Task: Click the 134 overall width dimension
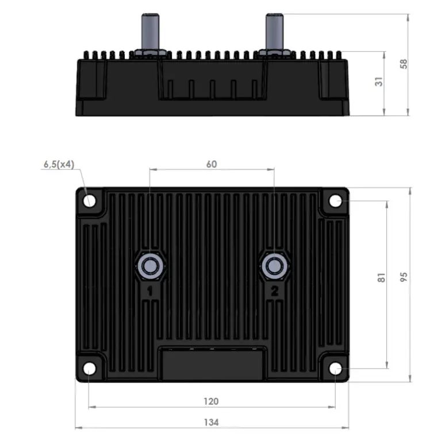[x=211, y=422]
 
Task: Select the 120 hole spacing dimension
[x=211, y=401]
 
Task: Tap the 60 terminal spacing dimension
[x=211, y=164]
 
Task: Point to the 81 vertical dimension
[x=381, y=278]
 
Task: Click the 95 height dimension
[x=404, y=278]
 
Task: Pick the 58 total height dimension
[x=404, y=64]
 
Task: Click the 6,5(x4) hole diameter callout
[x=59, y=164]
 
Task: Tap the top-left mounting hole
[x=90, y=200]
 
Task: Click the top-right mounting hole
[x=335, y=200]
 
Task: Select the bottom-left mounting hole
[x=90, y=368]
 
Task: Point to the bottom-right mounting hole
[x=335, y=368]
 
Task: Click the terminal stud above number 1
[x=150, y=265]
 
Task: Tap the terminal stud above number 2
[x=274, y=265]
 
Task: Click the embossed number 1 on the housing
[x=150, y=292]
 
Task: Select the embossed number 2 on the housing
[x=274, y=292]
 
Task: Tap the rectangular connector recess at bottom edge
[x=212, y=364]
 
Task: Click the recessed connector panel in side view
[x=212, y=80]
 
